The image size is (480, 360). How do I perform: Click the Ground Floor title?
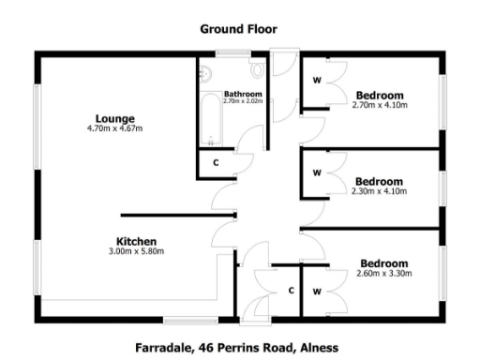(x=238, y=28)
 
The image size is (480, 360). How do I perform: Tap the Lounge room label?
(x=114, y=118)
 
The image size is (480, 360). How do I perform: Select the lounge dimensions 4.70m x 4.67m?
(x=114, y=128)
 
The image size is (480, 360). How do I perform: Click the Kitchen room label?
(x=136, y=241)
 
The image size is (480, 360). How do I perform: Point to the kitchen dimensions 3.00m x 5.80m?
(x=136, y=251)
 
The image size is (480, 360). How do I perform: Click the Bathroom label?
(x=243, y=94)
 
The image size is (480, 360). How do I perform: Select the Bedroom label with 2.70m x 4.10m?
(x=380, y=95)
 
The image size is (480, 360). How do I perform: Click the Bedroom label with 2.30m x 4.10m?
(x=380, y=181)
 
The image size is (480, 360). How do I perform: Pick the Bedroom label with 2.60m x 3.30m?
(x=383, y=263)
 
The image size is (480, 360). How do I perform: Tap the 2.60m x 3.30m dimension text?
(x=383, y=274)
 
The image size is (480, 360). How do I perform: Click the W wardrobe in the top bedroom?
(x=317, y=81)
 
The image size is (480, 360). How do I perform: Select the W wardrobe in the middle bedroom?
(x=317, y=172)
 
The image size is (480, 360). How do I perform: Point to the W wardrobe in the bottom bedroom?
(x=317, y=292)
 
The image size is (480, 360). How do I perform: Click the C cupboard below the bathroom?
(x=216, y=162)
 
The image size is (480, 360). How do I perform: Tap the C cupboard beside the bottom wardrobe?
(x=292, y=291)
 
